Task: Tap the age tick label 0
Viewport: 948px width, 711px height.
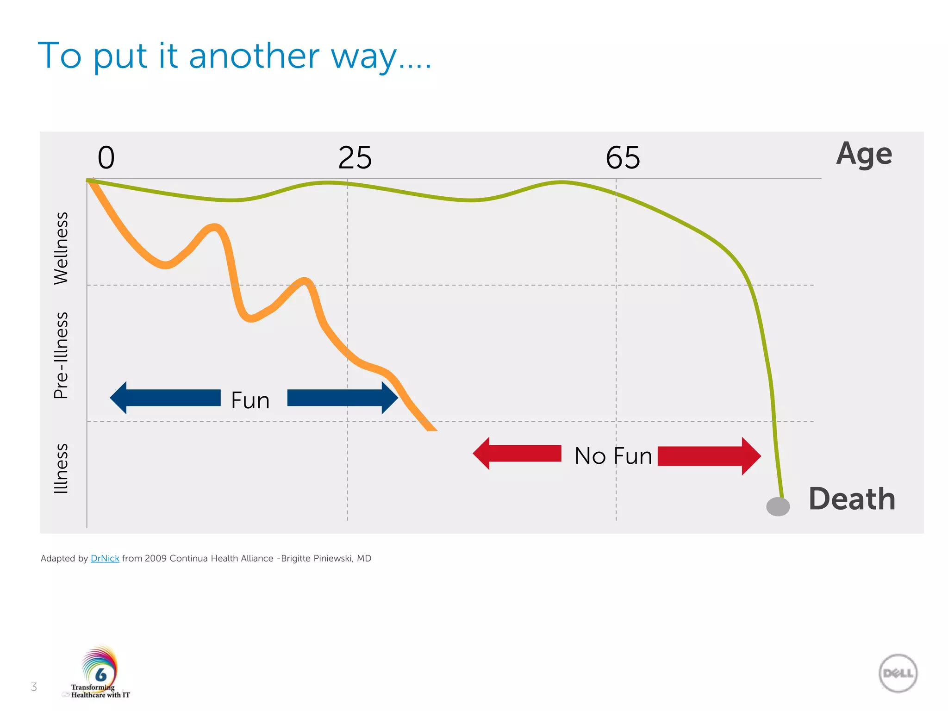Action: [x=106, y=158]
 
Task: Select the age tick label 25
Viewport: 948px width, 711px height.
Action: [x=355, y=158]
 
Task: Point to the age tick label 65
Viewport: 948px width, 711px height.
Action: [x=623, y=158]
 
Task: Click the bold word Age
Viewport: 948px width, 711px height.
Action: [x=864, y=154]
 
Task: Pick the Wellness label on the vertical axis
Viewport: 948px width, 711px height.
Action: [x=61, y=248]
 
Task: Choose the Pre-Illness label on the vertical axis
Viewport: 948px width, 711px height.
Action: [x=61, y=355]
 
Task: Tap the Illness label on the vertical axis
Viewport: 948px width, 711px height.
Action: [x=61, y=468]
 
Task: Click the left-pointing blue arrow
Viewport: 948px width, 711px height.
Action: [x=165, y=398]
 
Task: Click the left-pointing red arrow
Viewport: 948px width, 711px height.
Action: [x=517, y=454]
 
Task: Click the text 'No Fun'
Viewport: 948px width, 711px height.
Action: [x=613, y=456]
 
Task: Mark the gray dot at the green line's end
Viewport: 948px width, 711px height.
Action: [x=778, y=506]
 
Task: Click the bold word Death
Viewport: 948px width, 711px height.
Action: [x=852, y=499]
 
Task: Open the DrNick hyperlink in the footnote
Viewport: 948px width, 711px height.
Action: [x=105, y=558]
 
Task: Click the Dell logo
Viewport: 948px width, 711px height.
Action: [x=898, y=673]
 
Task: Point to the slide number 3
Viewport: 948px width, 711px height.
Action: [x=34, y=687]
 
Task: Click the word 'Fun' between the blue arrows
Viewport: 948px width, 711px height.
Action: [x=250, y=400]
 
